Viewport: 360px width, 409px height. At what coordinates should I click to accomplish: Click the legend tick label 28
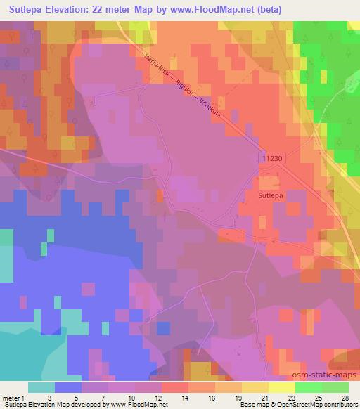tap(345, 398)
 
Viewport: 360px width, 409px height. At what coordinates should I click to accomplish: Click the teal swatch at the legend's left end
tap(41, 387)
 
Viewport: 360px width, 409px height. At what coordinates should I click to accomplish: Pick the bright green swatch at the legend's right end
tap(335, 387)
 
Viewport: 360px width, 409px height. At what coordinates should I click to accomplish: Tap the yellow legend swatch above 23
tap(282, 387)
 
